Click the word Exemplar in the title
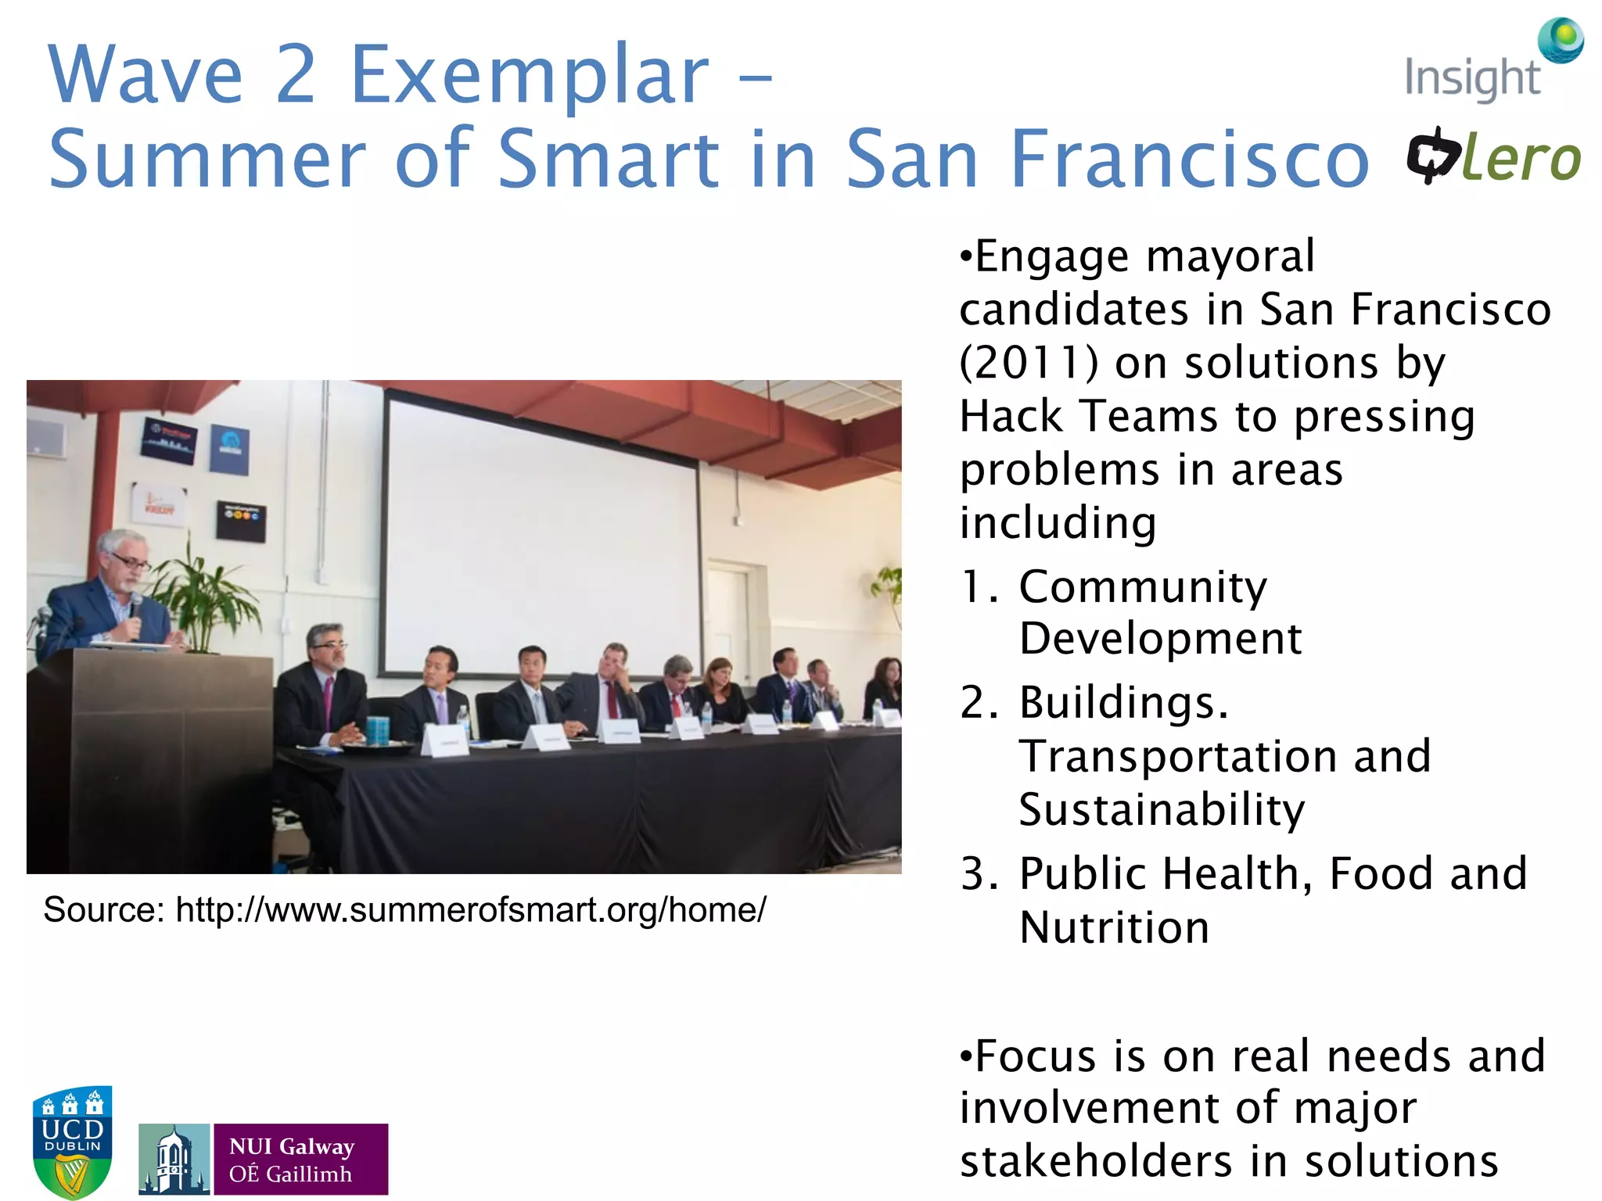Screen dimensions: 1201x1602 pyautogui.click(x=529, y=76)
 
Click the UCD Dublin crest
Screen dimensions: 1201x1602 pyautogui.click(x=72, y=1141)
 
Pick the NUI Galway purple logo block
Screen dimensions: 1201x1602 pyautogui.click(x=300, y=1160)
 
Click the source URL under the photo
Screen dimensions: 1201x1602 pyautogui.click(x=470, y=909)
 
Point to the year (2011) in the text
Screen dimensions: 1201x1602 pyautogui.click(x=1029, y=364)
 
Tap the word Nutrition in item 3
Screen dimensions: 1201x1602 pyautogui.click(x=1114, y=928)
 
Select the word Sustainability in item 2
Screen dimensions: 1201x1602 pyautogui.click(x=1162, y=809)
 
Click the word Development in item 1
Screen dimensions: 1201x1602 pyautogui.click(x=1160, y=639)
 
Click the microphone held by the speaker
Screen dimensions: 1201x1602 pyautogui.click(x=135, y=606)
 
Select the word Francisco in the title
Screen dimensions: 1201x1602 pyautogui.click(x=1189, y=160)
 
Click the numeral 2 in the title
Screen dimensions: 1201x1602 pyautogui.click(x=296, y=76)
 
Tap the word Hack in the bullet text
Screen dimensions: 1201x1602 pyautogui.click(x=1010, y=416)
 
